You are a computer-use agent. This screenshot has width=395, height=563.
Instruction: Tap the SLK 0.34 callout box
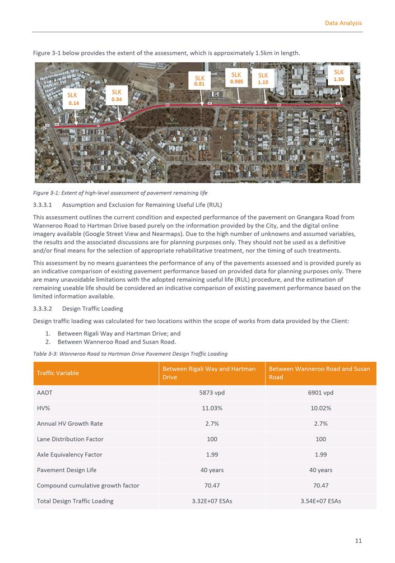[116, 96]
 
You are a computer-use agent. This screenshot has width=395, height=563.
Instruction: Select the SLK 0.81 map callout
[199, 81]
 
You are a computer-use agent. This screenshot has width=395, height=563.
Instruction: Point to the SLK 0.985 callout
[236, 78]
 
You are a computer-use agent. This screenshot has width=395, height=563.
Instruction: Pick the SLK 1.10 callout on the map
[263, 78]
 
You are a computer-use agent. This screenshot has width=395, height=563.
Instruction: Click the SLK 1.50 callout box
[339, 76]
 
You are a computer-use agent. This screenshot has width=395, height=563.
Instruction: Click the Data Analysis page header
[343, 23]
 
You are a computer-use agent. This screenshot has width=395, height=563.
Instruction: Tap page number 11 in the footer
[358, 541]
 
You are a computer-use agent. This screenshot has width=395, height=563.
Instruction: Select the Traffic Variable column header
[58, 373]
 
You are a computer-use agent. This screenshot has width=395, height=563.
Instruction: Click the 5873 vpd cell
[212, 393]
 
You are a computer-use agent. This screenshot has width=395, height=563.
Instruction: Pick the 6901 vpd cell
[320, 393]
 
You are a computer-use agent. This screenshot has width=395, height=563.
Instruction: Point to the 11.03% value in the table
[212, 408]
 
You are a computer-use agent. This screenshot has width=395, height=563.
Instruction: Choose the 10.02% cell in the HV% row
[320, 408]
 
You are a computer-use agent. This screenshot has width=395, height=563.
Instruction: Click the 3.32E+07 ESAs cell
[212, 501]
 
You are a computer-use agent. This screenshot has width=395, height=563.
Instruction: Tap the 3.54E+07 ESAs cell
[320, 501]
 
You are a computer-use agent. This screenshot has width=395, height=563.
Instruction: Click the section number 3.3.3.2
[43, 308]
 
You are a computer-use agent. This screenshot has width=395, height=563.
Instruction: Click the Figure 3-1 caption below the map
[120, 193]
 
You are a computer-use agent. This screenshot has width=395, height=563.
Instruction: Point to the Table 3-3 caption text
[130, 353]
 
